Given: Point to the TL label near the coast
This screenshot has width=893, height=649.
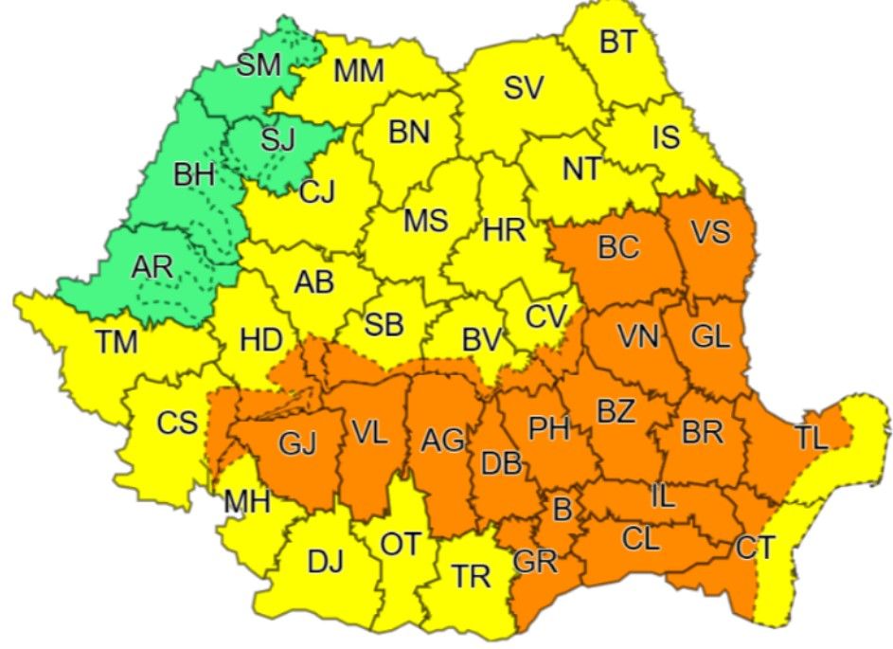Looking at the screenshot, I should (x=811, y=438).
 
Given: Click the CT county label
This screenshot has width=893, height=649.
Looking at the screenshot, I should (x=755, y=547).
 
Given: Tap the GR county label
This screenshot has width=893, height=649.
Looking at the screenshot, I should (x=534, y=561).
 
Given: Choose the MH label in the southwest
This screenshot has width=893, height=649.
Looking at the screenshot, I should (x=247, y=501).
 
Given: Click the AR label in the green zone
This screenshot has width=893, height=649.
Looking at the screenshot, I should (x=152, y=267).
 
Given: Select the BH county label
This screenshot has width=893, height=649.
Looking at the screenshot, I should (x=194, y=174).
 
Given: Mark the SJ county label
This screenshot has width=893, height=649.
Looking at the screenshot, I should (x=277, y=139).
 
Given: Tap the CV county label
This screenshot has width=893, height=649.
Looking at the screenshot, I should (x=545, y=316).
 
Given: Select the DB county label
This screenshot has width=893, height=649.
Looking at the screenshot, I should (x=501, y=463).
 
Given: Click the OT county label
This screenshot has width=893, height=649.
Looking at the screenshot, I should (x=400, y=544).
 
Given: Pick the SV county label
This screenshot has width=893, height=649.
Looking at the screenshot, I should (x=523, y=88).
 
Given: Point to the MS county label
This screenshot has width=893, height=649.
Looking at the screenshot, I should (x=425, y=221).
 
